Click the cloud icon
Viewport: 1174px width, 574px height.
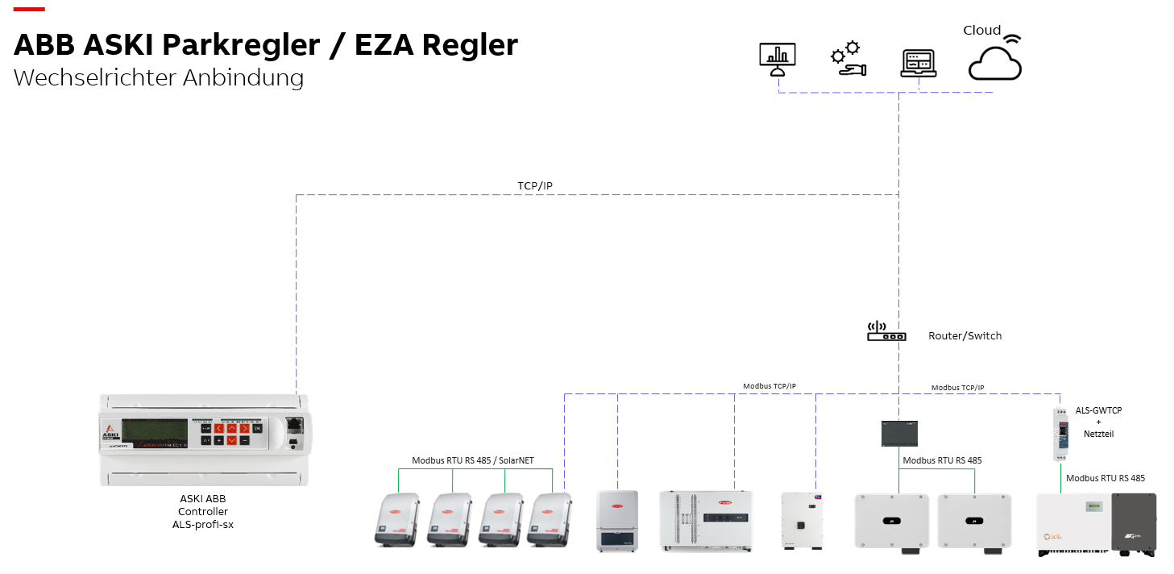click(994, 62)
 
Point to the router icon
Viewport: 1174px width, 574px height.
click(886, 331)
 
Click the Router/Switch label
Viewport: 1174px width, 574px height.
click(965, 335)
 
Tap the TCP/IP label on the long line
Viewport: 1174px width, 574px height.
click(535, 186)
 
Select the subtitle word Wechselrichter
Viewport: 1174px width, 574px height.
click(95, 78)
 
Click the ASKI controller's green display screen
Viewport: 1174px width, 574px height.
click(155, 433)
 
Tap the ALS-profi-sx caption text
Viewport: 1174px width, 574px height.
click(203, 524)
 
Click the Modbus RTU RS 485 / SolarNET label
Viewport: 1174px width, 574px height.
click(473, 460)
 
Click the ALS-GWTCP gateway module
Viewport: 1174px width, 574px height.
click(1060, 434)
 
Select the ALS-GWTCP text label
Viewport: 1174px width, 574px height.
click(1098, 410)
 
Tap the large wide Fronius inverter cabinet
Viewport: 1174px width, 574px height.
click(706, 521)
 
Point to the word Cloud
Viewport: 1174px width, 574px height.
click(981, 30)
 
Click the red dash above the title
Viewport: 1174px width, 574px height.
click(29, 9)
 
